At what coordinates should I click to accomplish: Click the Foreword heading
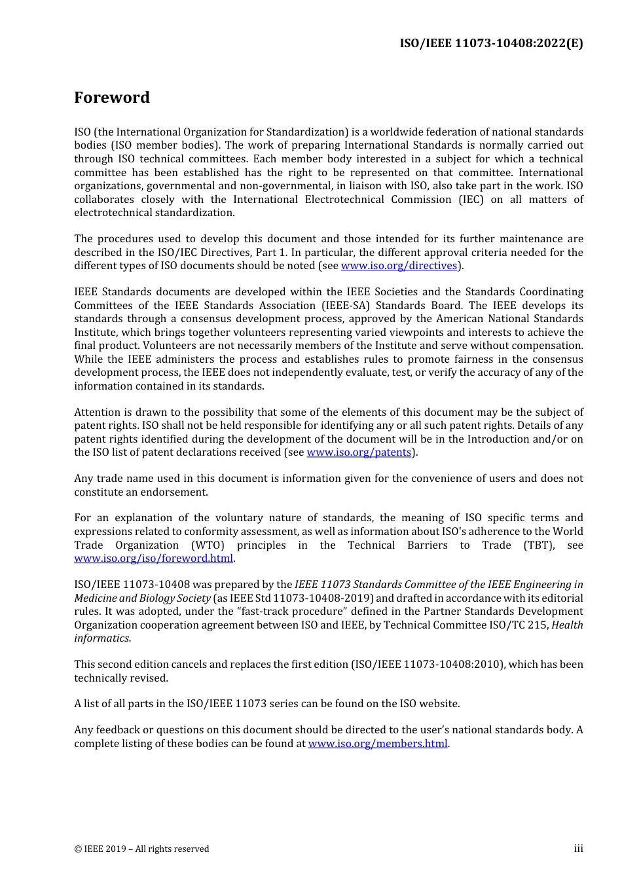click(112, 98)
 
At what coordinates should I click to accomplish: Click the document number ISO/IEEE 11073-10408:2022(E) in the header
click(491, 43)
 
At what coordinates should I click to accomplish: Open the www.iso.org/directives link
click(399, 266)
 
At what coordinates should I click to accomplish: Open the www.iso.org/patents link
click(359, 452)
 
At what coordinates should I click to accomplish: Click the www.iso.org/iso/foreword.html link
click(153, 559)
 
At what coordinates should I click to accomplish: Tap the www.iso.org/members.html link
click(378, 744)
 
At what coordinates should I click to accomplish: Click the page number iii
click(578, 849)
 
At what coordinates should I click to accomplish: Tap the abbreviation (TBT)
click(540, 545)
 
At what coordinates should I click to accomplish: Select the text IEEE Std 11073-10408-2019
click(293, 598)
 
